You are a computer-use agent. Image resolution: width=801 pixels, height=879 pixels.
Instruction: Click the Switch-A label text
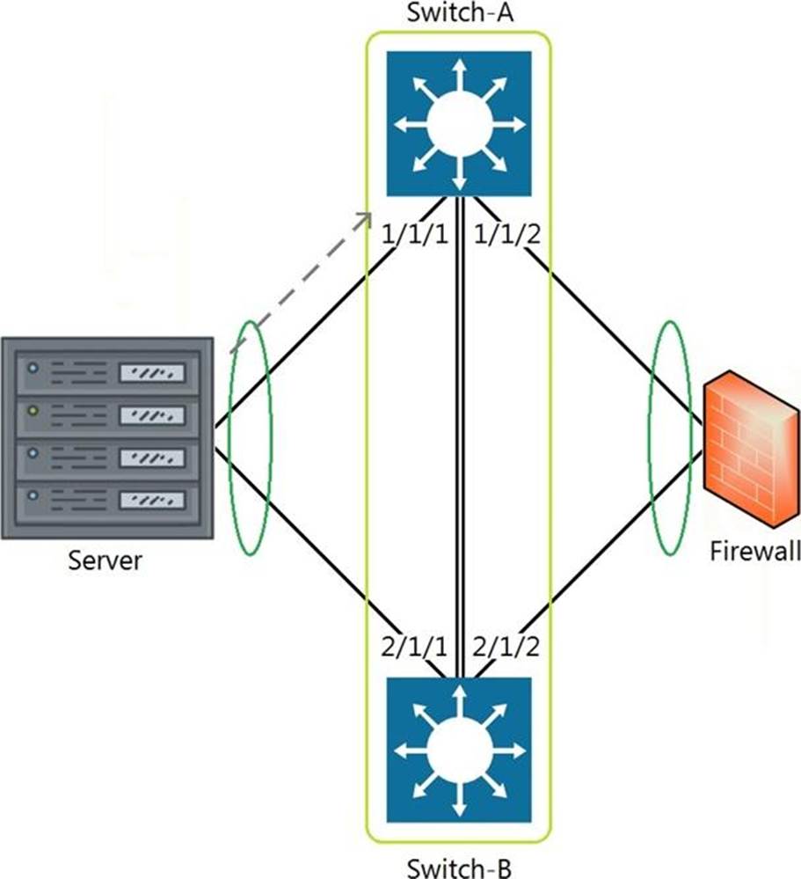tap(459, 12)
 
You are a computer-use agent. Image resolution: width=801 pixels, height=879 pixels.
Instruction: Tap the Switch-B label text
tap(459, 868)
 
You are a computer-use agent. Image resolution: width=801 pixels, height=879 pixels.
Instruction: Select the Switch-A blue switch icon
tap(459, 124)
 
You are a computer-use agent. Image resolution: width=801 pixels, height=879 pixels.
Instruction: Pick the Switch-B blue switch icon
tap(459, 750)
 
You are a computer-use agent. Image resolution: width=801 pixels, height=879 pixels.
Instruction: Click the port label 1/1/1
tap(415, 234)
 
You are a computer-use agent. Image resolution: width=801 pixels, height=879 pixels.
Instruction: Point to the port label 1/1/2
tap(507, 234)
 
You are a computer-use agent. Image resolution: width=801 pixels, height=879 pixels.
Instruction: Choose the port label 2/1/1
tap(415, 647)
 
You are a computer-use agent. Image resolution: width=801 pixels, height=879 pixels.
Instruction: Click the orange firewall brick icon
tap(751, 449)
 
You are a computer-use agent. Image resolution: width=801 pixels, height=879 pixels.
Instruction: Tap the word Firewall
tap(755, 551)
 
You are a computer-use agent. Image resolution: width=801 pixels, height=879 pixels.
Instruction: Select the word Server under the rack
tap(106, 560)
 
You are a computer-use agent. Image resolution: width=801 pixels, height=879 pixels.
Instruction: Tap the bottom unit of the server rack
tap(107, 501)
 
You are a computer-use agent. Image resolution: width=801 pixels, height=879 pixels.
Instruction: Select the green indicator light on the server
tap(33, 411)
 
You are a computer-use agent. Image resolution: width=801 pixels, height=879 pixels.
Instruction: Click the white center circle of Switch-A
tap(459, 124)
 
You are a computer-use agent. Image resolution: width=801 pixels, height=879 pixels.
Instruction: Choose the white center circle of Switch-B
tap(459, 750)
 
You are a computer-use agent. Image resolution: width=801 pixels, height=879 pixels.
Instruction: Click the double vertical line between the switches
tap(460, 437)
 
